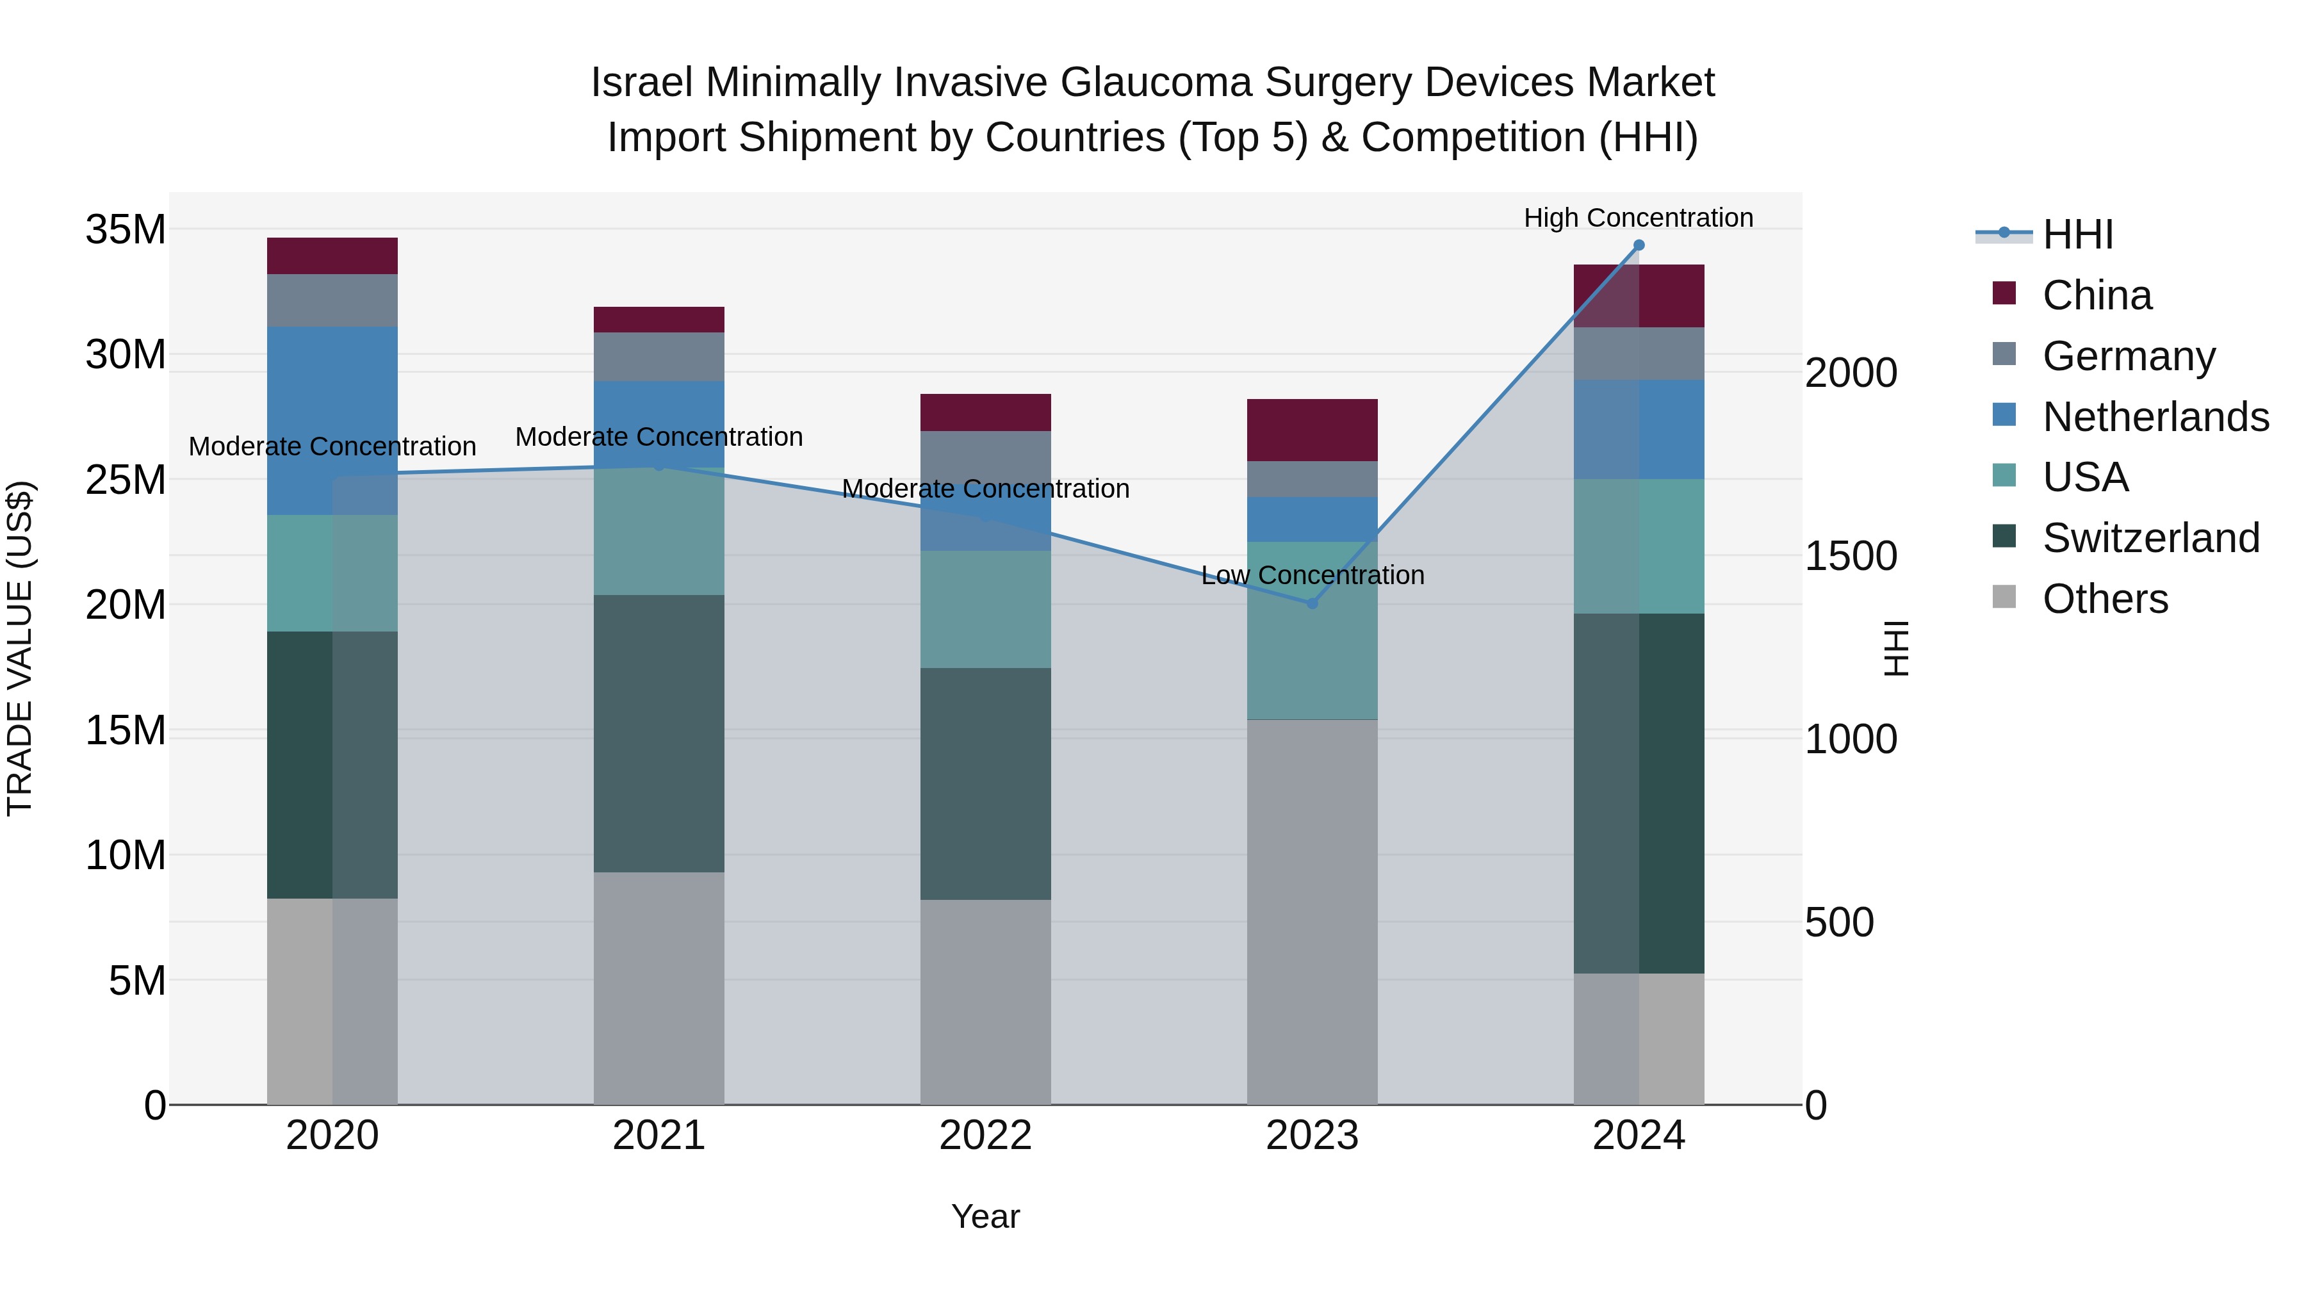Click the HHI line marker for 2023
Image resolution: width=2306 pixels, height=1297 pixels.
click(x=1312, y=603)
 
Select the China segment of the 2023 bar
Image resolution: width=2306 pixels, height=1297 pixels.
click(x=1312, y=430)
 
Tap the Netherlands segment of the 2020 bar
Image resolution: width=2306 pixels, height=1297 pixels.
click(x=332, y=421)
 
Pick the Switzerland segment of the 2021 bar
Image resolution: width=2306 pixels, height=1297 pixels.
click(x=659, y=733)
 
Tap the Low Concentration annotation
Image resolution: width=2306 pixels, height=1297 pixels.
click(x=1312, y=576)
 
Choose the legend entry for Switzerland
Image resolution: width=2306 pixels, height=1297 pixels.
click(x=2150, y=538)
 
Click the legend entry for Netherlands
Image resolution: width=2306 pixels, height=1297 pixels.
click(x=2155, y=417)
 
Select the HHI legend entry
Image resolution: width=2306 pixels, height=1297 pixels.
click(x=2077, y=234)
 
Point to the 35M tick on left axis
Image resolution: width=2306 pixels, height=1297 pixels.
click(x=126, y=230)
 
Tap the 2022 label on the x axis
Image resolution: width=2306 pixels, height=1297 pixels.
click(x=986, y=1136)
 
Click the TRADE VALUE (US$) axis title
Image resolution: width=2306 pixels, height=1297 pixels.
click(x=20, y=648)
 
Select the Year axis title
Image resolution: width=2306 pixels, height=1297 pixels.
click(x=986, y=1216)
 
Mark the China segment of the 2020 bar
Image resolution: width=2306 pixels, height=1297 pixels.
click(x=332, y=256)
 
